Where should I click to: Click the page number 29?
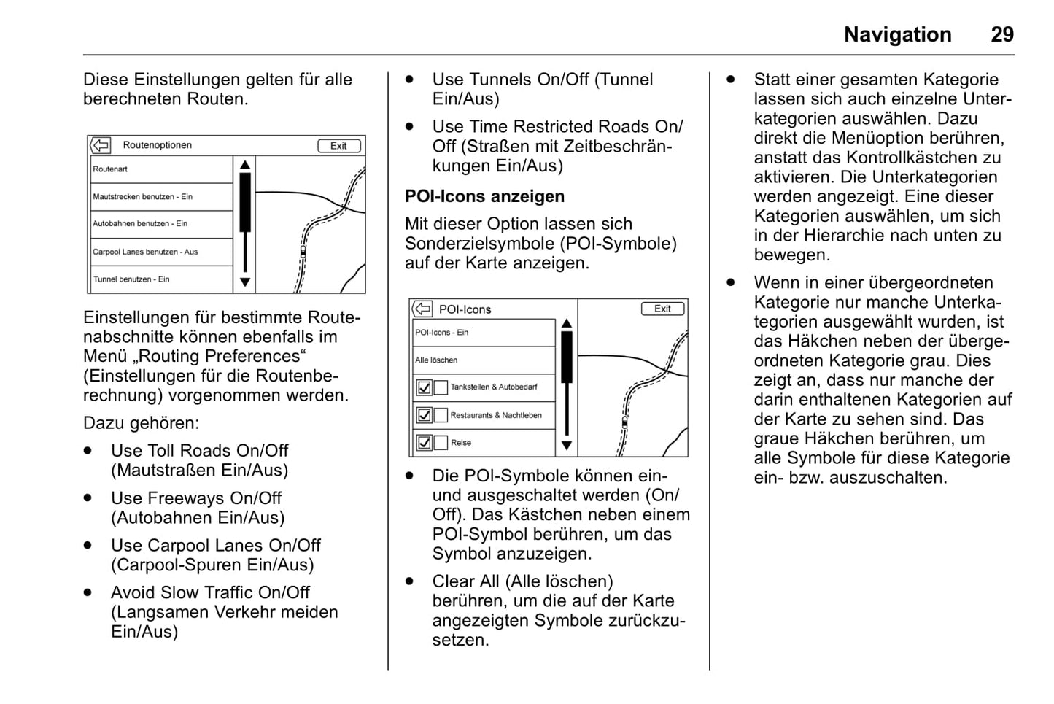click(1001, 34)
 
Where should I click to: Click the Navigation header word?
click(897, 34)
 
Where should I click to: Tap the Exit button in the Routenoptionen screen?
click(338, 146)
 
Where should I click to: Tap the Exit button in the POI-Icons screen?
click(662, 309)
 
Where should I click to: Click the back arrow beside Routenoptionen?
click(101, 145)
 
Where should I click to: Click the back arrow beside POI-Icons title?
click(422, 309)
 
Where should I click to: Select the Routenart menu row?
click(160, 169)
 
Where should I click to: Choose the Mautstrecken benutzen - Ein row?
click(160, 197)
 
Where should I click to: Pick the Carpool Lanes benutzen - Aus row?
click(160, 252)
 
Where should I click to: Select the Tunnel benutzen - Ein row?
click(160, 279)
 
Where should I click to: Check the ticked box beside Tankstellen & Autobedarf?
click(424, 387)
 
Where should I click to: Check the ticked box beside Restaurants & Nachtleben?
click(424, 415)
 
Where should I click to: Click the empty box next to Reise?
click(441, 443)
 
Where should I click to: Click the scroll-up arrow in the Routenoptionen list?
click(245, 166)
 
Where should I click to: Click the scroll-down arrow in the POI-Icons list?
click(567, 445)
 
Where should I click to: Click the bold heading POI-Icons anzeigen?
click(484, 196)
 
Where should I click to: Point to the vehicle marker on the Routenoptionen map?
click(303, 251)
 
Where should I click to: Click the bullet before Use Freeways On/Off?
click(88, 498)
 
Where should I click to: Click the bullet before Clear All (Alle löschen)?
click(410, 581)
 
